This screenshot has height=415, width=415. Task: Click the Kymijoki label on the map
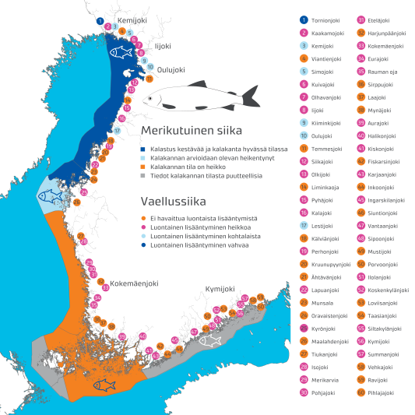click(x=220, y=289)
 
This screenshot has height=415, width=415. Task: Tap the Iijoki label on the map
click(x=163, y=46)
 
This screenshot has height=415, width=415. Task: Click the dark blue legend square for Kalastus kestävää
click(x=142, y=149)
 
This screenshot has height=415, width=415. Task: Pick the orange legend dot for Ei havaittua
click(x=142, y=219)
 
